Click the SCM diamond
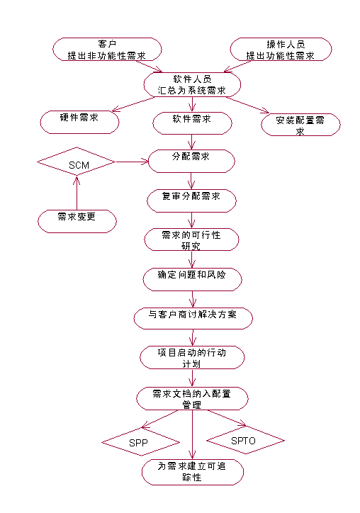[77, 162]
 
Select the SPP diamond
[141, 442]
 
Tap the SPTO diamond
[245, 440]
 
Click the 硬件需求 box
[79, 122]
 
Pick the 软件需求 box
[193, 123]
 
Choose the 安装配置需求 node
[300, 125]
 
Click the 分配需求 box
[191, 161]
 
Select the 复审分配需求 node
[191, 201]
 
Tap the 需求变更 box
[77, 221]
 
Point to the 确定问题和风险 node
[193, 279]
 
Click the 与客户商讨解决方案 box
[193, 318]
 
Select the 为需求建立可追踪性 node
[193, 472]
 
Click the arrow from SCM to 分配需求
[132, 162]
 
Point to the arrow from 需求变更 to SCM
[77, 193]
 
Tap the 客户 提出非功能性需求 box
[107, 49]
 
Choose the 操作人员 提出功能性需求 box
[281, 49]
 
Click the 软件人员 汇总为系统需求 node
[193, 84]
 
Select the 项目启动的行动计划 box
[192, 358]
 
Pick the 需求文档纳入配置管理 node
[193, 398]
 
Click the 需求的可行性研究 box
[191, 239]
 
